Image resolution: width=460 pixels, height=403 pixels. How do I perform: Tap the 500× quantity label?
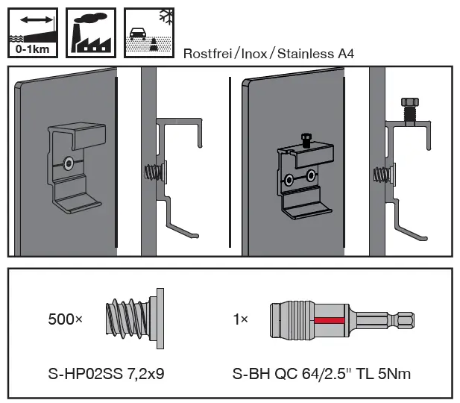[x=66, y=319]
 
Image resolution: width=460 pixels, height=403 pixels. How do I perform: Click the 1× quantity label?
[x=240, y=319]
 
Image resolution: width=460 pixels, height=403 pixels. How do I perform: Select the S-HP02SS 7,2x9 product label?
[x=105, y=373]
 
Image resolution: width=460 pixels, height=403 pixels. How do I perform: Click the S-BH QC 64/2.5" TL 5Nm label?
[x=321, y=373]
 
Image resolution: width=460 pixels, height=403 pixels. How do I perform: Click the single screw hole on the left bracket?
[x=69, y=162]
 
